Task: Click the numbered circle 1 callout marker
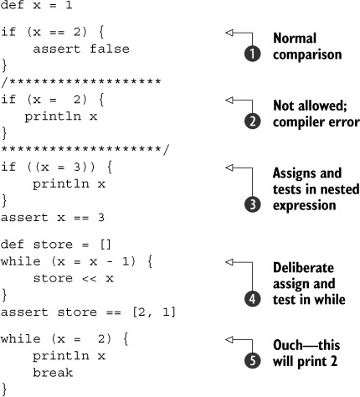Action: (x=253, y=54)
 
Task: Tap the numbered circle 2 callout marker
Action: (x=253, y=121)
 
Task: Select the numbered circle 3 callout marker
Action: (x=253, y=204)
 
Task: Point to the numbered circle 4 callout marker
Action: (x=253, y=299)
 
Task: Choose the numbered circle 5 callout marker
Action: (x=253, y=360)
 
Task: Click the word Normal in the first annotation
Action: (x=295, y=39)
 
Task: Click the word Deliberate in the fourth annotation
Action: (x=304, y=268)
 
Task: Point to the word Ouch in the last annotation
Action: (x=287, y=345)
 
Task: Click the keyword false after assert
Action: (x=110, y=49)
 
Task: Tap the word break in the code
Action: (x=53, y=373)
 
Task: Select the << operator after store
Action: (x=90, y=279)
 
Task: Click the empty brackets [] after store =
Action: (x=105, y=245)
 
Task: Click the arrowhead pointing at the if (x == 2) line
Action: (x=229, y=33)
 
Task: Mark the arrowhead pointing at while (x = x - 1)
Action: (x=229, y=262)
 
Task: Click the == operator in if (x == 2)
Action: (x=57, y=33)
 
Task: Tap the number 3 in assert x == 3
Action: (x=101, y=217)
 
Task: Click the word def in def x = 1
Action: (x=13, y=5)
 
